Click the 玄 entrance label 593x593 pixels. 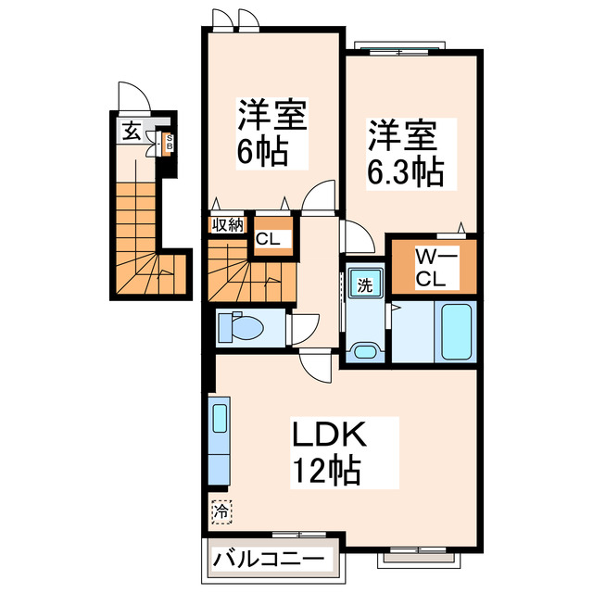132,131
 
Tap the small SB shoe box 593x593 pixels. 169,143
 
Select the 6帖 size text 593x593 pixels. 260,151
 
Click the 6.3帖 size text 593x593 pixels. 405,170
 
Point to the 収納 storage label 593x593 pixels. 227,223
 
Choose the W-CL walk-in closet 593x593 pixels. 433,266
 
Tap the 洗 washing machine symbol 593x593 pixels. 364,284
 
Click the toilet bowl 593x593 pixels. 245,328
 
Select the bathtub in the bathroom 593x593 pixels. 456,331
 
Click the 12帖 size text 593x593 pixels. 325,473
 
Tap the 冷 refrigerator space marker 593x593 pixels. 221,510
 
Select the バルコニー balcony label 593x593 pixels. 268,560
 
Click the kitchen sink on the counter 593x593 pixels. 220,418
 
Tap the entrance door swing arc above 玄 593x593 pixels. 131,97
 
